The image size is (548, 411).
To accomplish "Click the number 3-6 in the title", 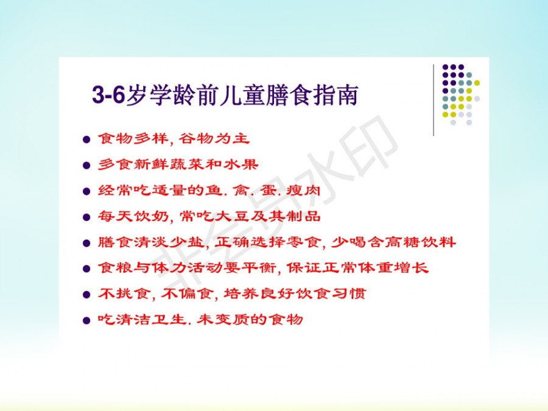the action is (x=108, y=95).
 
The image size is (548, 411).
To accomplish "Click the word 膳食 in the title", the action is (x=289, y=95).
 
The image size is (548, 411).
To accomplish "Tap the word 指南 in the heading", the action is (x=335, y=95).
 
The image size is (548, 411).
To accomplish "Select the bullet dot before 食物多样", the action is (x=86, y=139).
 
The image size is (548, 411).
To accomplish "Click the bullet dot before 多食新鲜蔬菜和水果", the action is (x=86, y=165).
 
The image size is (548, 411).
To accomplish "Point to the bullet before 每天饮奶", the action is (x=86, y=217).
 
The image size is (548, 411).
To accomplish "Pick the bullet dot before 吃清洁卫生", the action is (x=86, y=320).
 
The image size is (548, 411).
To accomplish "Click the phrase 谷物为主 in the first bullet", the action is (x=214, y=139).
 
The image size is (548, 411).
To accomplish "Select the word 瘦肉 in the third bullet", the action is (x=303, y=191).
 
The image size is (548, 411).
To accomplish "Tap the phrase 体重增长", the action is (x=393, y=268).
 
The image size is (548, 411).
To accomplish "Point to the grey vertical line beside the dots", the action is (x=434, y=100).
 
